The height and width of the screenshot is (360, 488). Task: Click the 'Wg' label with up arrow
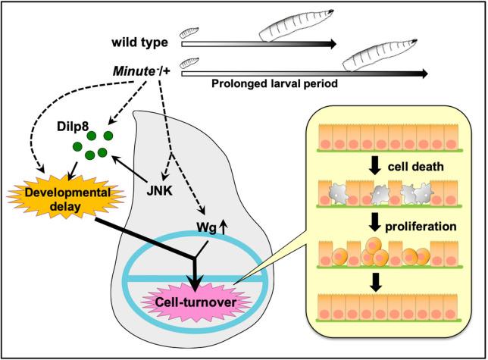pos(206,224)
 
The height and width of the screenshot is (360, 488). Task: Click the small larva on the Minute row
pos(188,64)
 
